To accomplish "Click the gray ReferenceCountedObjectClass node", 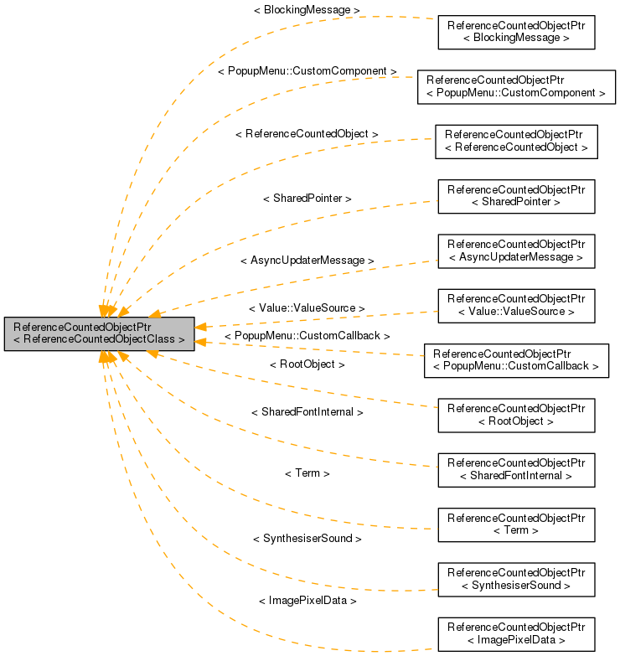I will click(x=99, y=333).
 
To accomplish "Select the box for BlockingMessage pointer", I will click(x=515, y=32).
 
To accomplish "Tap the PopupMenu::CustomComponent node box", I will click(x=515, y=86).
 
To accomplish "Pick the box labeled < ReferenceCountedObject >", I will click(x=515, y=141).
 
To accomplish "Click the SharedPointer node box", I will click(x=515, y=196).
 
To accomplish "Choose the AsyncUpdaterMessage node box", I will click(x=515, y=251).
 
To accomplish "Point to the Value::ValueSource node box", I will click(x=515, y=305).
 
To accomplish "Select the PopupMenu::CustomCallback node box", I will click(x=515, y=359).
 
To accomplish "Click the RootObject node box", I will click(x=515, y=415).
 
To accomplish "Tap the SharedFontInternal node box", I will click(x=515, y=469).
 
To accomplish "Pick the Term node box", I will click(x=515, y=524).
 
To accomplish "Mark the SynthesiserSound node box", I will click(x=515, y=579).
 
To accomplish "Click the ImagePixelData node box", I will click(x=515, y=633).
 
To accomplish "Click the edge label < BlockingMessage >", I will click(x=307, y=9).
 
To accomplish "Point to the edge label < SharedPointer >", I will click(x=307, y=198).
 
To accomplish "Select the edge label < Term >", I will click(x=307, y=473).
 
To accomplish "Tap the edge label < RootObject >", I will click(x=307, y=364).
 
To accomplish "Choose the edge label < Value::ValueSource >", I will click(x=307, y=308).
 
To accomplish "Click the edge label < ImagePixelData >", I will click(x=307, y=601).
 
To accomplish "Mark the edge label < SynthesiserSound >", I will click(x=307, y=538).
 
